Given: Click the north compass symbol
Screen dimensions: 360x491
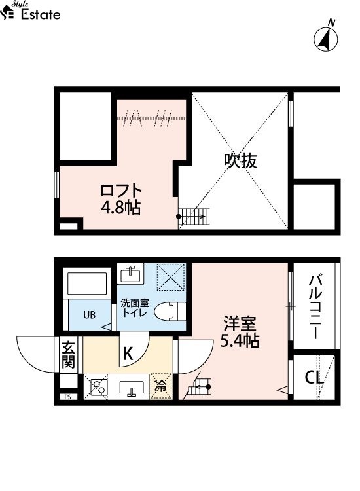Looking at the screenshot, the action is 326,39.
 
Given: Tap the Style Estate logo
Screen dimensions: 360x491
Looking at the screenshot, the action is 30,11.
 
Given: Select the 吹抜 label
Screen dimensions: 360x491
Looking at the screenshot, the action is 240,161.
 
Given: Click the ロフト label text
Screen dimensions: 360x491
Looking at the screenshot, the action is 121,191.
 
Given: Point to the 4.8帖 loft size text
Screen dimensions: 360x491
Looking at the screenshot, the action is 121,207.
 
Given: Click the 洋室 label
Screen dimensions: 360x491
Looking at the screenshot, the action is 240,324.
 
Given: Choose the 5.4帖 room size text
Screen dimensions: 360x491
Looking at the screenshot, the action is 240,340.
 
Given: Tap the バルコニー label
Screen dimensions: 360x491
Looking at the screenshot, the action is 315,307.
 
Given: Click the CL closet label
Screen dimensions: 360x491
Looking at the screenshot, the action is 314,378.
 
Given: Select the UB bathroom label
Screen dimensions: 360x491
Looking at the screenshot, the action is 90,315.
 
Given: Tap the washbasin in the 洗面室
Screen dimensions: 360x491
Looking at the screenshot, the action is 130,274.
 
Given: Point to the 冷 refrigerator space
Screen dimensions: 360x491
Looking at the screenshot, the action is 161,386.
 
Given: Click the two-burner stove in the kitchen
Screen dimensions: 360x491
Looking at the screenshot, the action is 96,387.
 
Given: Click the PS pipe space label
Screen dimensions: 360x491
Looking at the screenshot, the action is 67,397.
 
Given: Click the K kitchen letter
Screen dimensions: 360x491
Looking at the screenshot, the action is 128,354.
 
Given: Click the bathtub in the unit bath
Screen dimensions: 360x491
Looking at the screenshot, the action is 87,283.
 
